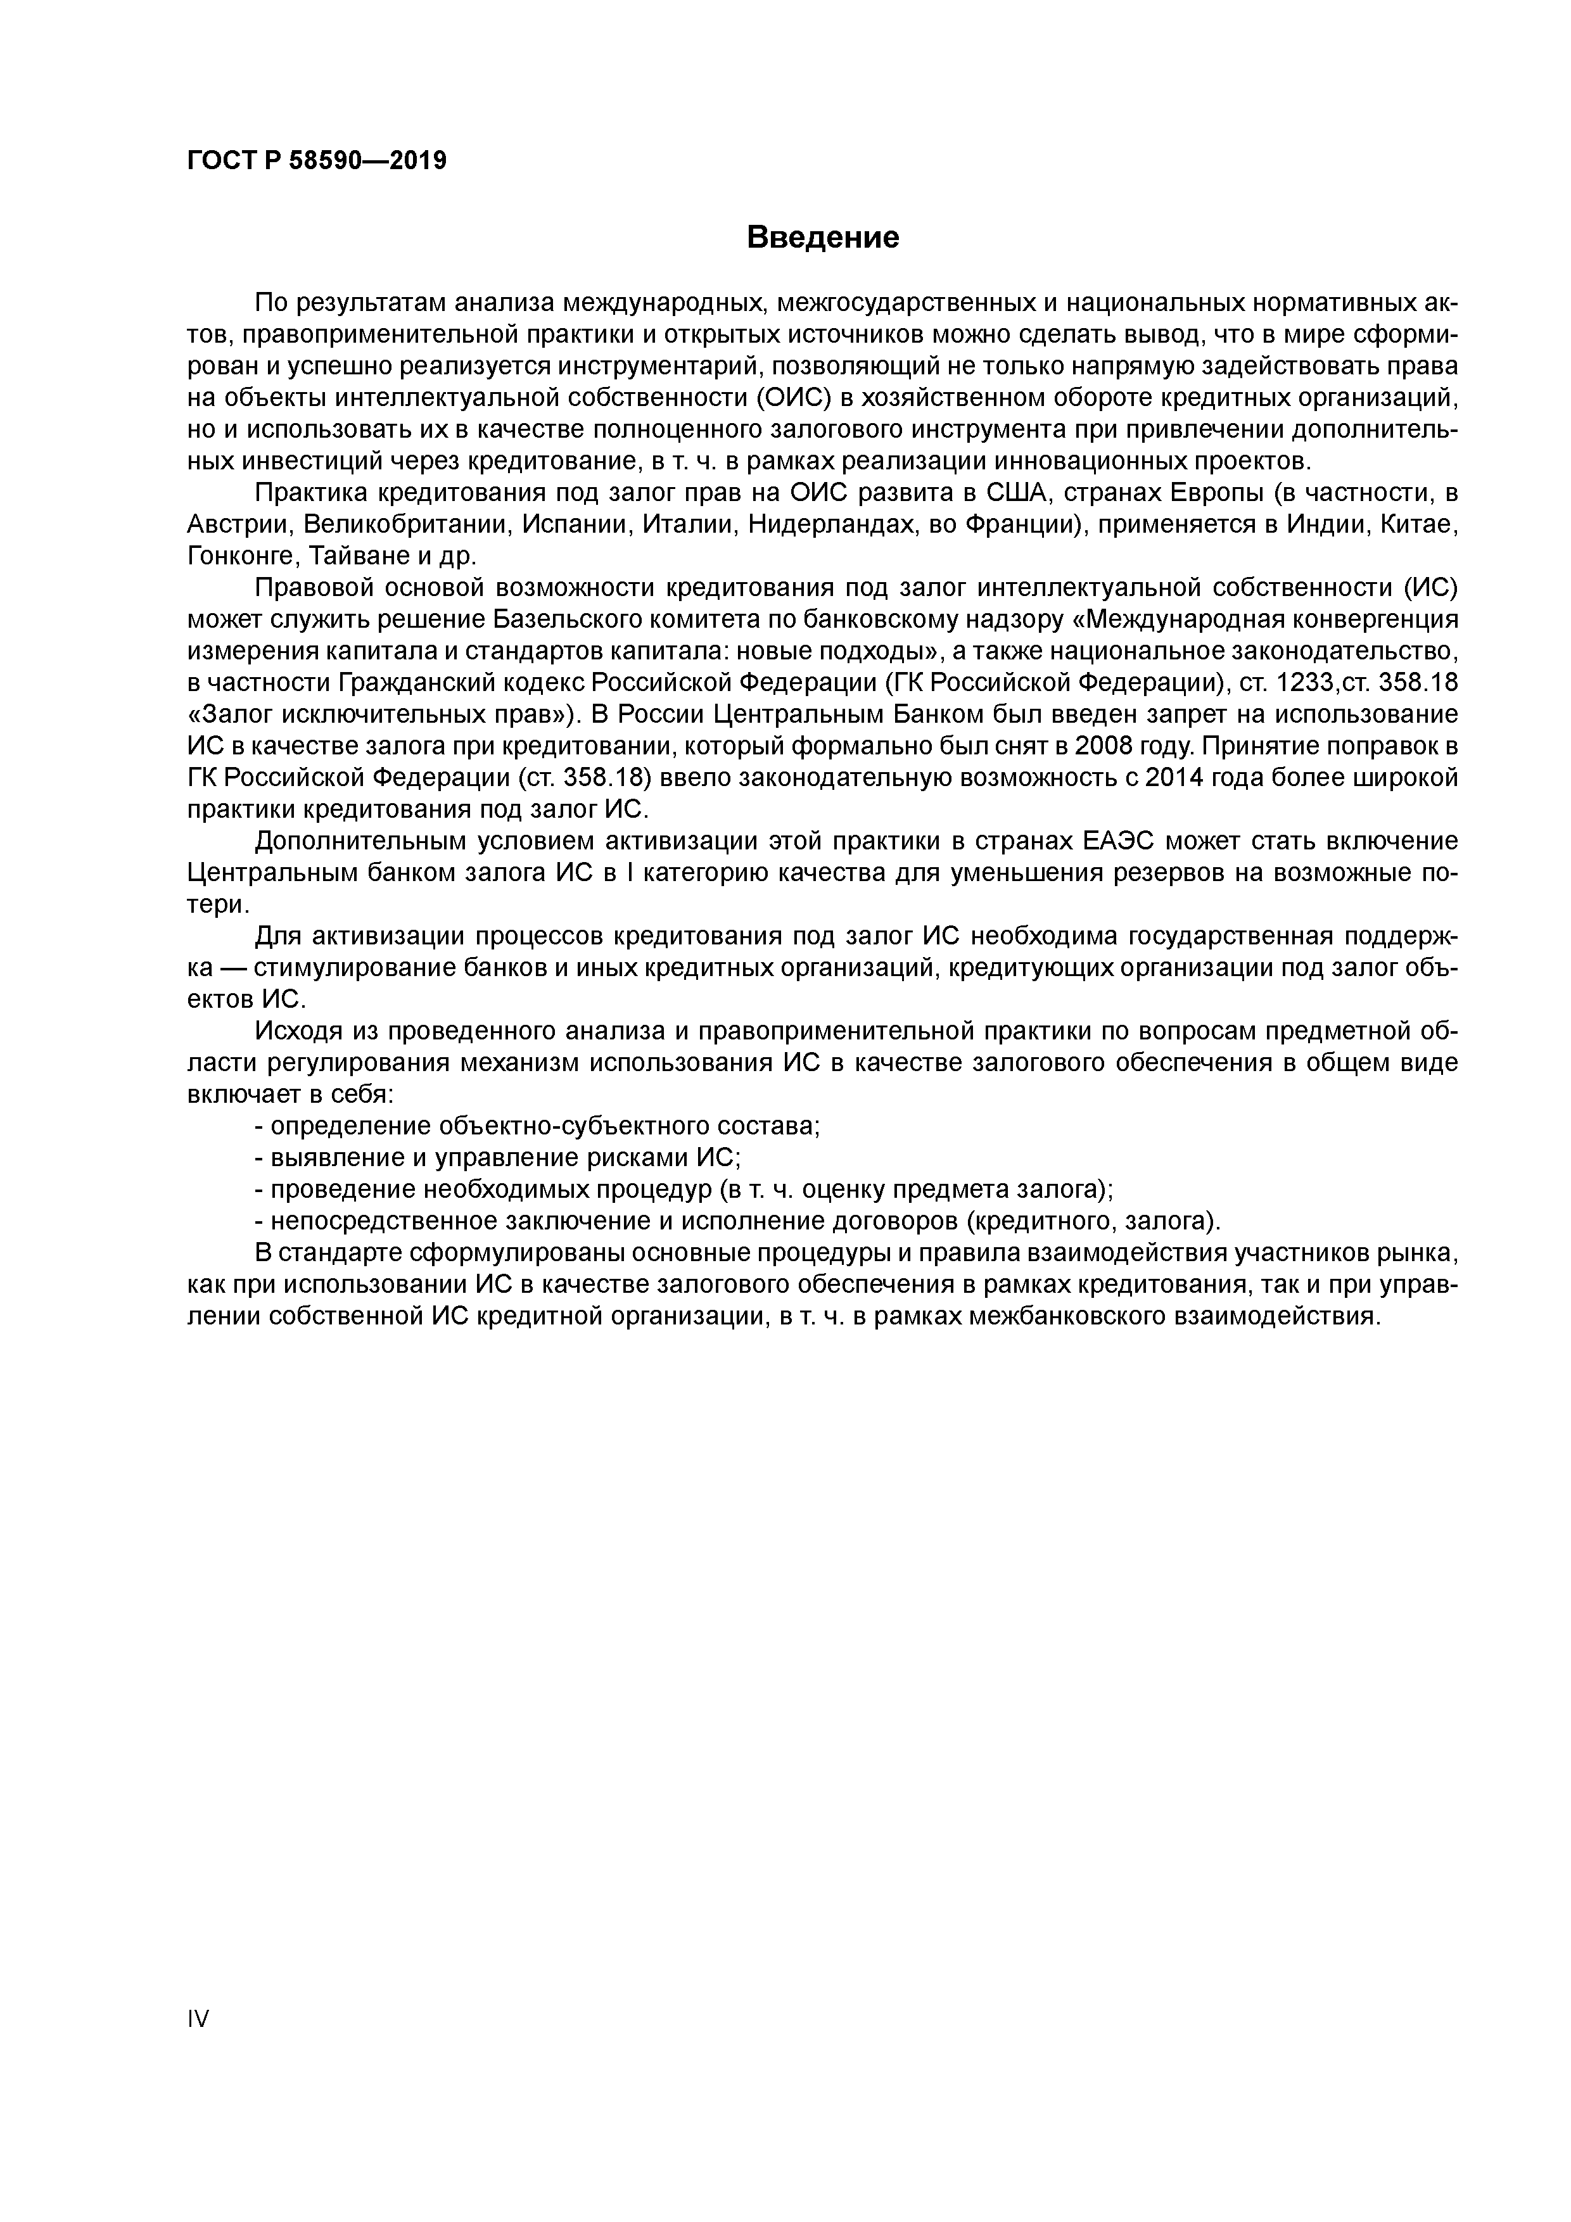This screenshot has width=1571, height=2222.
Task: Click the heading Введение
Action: point(823,237)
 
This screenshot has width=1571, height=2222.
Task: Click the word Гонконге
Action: point(236,557)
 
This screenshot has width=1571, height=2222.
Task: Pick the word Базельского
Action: point(582,619)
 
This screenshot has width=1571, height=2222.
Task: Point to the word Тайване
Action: point(348,557)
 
